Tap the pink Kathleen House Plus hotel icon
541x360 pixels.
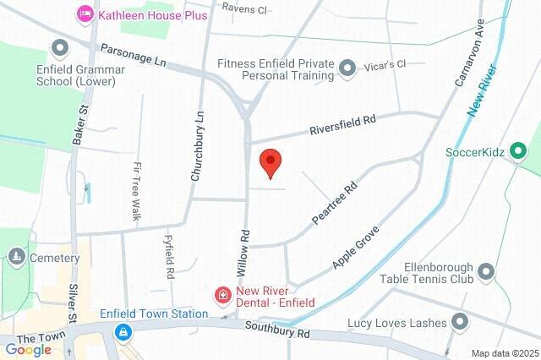coord(85,14)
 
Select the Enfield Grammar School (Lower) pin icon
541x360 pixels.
coord(60,47)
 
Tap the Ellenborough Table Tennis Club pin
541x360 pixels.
coord(485,271)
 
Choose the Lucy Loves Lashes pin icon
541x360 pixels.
coord(460,323)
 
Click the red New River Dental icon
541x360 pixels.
coord(222,295)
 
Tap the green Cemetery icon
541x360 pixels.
coord(15,256)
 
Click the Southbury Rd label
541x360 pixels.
coord(277,329)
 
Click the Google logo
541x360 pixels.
coord(28,349)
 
